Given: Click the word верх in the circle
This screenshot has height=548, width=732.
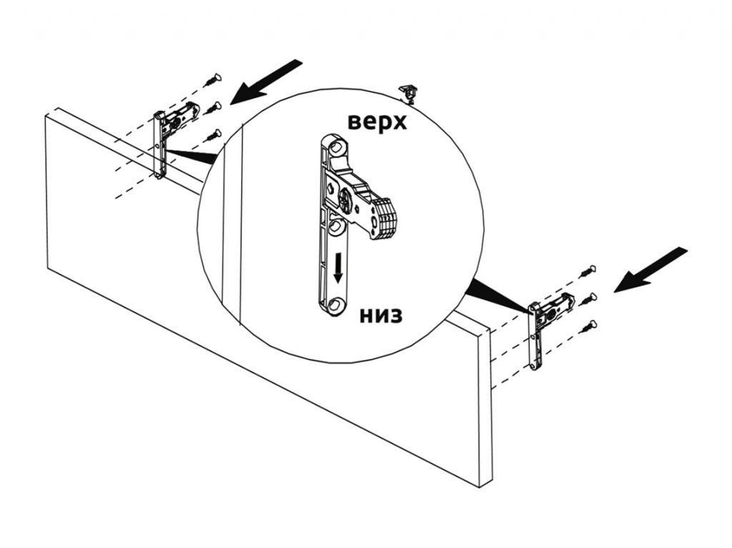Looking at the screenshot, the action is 377,122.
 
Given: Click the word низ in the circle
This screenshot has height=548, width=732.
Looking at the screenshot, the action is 381,315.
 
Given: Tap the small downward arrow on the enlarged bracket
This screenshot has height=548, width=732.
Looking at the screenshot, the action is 338,267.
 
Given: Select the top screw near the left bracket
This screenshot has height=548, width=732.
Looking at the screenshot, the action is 212,79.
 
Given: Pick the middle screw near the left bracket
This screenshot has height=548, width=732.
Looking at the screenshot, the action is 212,109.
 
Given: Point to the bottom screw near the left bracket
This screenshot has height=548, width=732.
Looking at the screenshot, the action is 212,136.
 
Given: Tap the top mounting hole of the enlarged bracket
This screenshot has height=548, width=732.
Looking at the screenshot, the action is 336,147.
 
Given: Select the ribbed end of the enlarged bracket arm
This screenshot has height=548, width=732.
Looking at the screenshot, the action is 384,219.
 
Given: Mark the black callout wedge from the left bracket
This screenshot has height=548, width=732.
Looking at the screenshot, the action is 192,156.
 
